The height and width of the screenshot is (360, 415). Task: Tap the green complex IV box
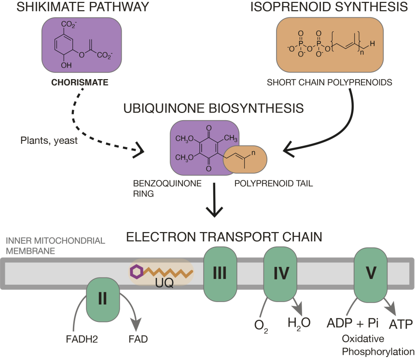click(x=281, y=274)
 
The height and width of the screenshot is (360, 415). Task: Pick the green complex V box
click(x=371, y=274)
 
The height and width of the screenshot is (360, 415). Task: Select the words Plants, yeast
click(x=50, y=142)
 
